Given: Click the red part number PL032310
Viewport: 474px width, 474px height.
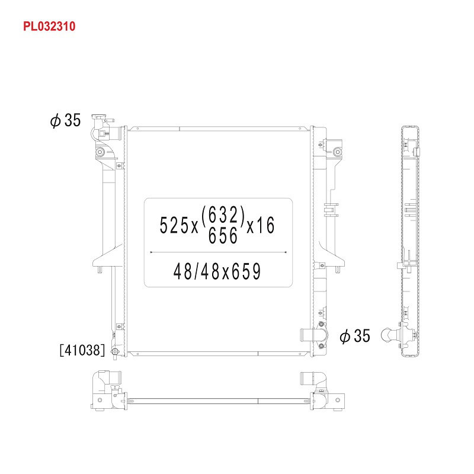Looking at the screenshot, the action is (x=49, y=26).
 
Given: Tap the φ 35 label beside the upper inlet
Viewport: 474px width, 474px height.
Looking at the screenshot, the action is (x=66, y=120).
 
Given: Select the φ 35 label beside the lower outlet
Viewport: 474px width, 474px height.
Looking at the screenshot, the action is (x=355, y=336).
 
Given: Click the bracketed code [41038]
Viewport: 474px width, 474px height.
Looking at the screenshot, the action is (x=82, y=350).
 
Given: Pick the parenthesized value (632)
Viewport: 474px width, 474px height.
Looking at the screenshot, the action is (x=223, y=214).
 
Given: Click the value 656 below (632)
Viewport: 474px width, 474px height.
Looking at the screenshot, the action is (x=223, y=235).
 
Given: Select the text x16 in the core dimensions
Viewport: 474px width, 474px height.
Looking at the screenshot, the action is (x=261, y=225).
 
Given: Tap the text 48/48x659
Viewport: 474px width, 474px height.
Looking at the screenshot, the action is (x=217, y=271).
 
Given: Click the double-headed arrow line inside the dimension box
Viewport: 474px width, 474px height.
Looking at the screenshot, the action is (x=218, y=252).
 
